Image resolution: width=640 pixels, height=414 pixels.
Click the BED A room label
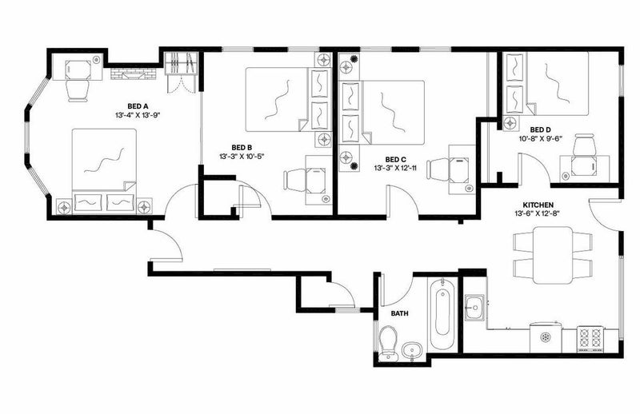(137, 106)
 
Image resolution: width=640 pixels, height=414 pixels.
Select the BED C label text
(395, 159)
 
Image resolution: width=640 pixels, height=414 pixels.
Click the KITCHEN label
(538, 205)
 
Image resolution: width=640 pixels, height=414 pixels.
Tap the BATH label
(399, 313)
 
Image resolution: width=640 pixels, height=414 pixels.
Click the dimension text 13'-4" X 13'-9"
(137, 115)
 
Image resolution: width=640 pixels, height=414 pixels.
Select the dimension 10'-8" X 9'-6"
(541, 138)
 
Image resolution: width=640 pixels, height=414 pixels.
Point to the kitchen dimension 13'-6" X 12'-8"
(538, 213)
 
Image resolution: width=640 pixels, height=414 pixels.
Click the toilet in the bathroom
(388, 344)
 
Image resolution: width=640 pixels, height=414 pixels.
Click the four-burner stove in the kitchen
(590, 339)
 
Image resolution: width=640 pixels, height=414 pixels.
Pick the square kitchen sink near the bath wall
(474, 307)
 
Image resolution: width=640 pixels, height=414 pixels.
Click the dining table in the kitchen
(553, 255)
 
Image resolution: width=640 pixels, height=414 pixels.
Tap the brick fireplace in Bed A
(134, 74)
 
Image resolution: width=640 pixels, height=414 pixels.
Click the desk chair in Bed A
(78, 90)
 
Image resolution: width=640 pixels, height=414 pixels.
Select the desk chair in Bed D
(584, 145)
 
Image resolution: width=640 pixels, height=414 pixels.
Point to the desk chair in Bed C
(438, 169)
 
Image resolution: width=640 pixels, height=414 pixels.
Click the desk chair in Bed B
(295, 180)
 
